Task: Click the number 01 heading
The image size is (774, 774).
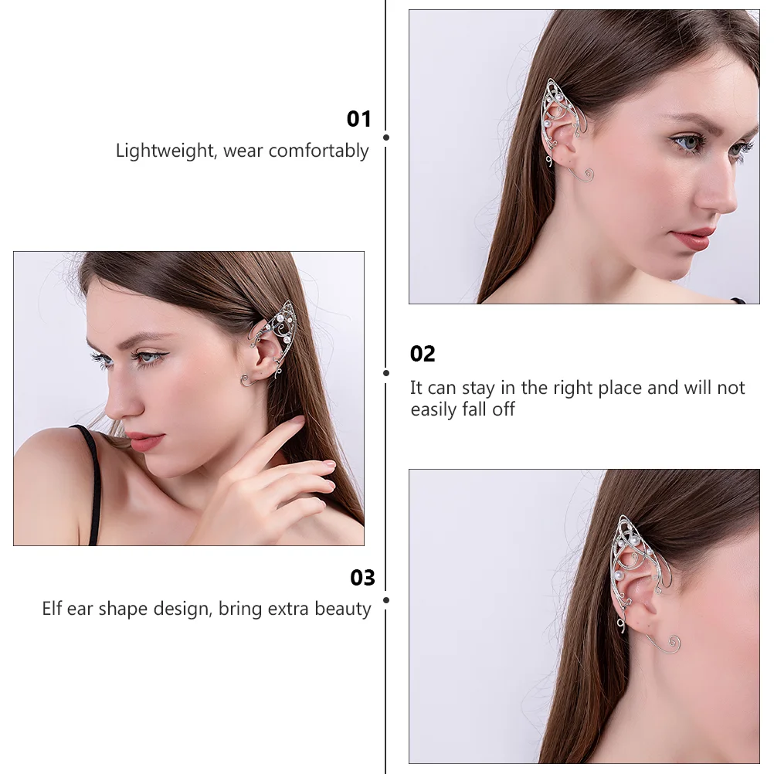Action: (x=358, y=119)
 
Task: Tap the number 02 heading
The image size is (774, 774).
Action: (x=423, y=354)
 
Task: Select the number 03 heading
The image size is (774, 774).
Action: (x=362, y=578)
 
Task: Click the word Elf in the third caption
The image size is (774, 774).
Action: (x=52, y=609)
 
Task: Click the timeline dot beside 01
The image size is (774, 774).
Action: (x=386, y=137)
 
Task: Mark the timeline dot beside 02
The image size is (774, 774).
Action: (x=386, y=372)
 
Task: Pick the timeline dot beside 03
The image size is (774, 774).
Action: (x=386, y=599)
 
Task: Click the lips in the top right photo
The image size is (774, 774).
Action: (x=693, y=237)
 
